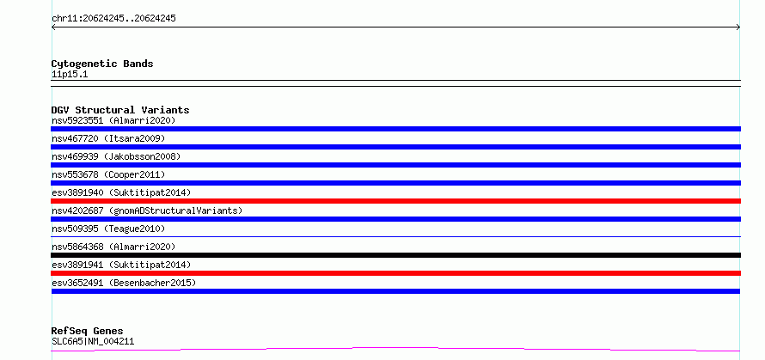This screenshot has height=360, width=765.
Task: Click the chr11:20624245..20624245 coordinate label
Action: click(113, 19)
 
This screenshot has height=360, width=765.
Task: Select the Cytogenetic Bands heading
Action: click(102, 64)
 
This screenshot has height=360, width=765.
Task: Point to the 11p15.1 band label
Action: click(70, 75)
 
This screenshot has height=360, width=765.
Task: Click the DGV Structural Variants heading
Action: click(120, 110)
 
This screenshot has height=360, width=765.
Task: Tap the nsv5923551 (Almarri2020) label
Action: click(113, 120)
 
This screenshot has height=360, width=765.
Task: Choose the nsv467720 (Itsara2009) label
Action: click(108, 138)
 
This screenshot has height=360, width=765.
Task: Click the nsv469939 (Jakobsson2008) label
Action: click(116, 156)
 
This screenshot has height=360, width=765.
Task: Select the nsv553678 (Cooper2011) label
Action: click(108, 174)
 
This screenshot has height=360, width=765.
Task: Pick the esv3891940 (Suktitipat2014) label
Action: click(121, 192)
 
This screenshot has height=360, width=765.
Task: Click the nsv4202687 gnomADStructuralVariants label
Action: click(147, 211)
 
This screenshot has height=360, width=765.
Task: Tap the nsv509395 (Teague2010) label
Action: click(108, 229)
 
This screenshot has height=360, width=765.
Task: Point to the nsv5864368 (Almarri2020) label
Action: click(113, 247)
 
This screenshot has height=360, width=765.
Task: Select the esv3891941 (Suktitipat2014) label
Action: click(121, 265)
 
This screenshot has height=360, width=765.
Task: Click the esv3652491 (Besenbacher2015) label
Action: click(124, 283)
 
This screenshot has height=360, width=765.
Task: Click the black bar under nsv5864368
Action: click(395, 255)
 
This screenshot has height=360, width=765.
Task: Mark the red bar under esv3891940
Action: click(395, 201)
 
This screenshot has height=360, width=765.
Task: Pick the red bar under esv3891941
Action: click(395, 273)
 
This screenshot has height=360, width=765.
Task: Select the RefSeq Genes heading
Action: click(88, 332)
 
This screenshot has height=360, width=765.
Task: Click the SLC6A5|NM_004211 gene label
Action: click(93, 341)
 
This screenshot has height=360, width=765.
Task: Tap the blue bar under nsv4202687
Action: click(395, 219)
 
